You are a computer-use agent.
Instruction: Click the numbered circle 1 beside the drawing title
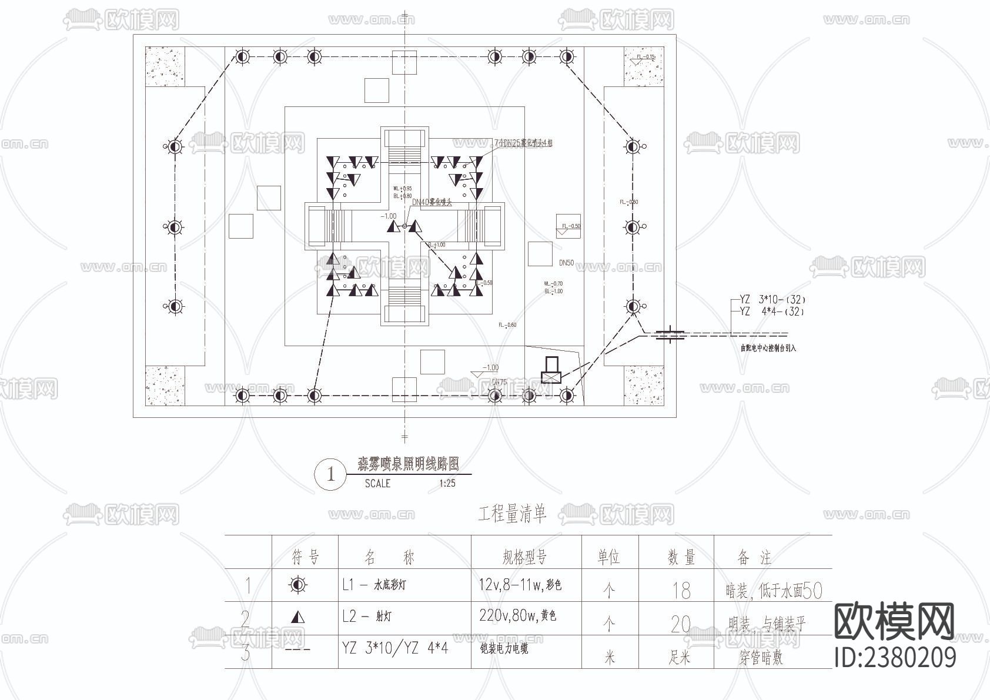click(x=330, y=474)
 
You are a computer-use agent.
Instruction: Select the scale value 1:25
click(x=447, y=484)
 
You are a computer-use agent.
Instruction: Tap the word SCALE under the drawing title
click(x=377, y=484)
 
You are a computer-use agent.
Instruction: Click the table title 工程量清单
click(x=512, y=514)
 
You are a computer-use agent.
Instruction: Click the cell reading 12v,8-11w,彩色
click(x=520, y=585)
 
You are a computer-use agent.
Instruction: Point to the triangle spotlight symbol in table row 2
click(x=299, y=617)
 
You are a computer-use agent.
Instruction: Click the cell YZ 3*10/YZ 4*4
click(x=395, y=648)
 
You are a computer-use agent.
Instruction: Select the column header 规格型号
click(x=525, y=556)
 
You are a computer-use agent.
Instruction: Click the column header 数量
click(x=681, y=557)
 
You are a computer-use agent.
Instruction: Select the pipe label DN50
click(x=566, y=263)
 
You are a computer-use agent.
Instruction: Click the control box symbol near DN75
click(x=551, y=371)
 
